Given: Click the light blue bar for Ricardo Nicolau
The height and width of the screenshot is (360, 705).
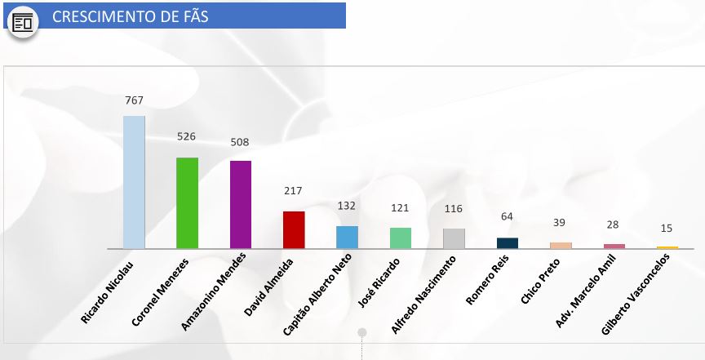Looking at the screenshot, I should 134,182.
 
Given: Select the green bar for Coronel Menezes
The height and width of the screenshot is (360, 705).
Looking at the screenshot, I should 187,202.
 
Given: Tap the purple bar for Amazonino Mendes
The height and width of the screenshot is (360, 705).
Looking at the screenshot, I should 241,204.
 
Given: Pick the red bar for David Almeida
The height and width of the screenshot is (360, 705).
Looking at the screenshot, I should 294,229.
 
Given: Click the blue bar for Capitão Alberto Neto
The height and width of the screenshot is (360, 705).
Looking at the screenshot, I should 347,237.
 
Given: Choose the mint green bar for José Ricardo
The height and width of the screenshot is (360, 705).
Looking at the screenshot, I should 400,238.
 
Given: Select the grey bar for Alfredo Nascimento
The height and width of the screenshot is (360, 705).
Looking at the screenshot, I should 454,238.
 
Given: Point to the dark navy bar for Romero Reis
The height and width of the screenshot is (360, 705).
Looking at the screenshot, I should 507,242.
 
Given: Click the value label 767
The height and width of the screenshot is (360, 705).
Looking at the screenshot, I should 135,100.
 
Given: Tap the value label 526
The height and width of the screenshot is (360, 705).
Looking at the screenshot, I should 187,136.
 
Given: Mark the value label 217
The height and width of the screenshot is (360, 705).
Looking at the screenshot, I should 294,191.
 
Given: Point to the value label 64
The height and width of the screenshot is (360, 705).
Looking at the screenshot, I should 507,216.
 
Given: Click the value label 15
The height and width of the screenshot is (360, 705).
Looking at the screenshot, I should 667,229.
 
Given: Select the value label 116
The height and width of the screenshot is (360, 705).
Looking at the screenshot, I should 454,209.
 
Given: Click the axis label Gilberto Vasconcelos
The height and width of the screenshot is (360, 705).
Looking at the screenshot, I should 636,293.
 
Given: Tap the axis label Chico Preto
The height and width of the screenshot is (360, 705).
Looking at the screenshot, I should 540,280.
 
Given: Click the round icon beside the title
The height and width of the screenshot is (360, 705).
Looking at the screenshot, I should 23,22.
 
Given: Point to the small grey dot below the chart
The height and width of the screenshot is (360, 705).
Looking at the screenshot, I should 361,332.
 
